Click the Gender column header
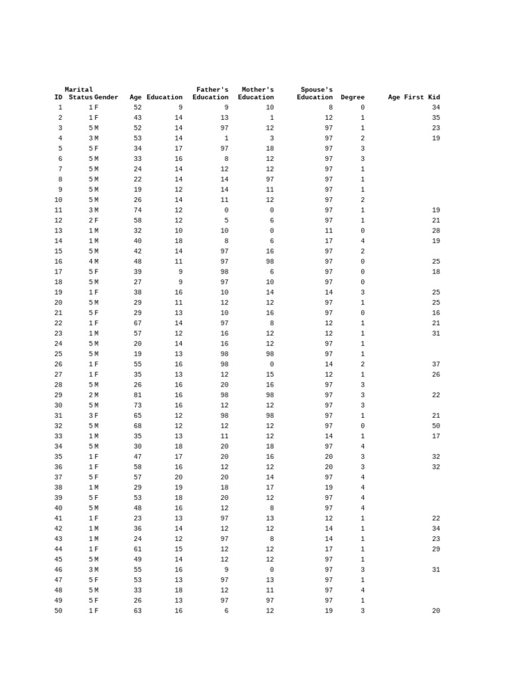106,97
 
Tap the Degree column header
353,97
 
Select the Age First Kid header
414,97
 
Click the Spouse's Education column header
315,93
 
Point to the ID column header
58,97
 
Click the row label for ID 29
58,395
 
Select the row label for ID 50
58,611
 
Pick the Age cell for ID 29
137,395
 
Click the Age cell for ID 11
137,211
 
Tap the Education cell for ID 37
178,477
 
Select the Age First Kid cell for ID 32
435,426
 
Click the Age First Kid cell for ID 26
435,364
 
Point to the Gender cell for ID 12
96,220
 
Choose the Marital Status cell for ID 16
91,262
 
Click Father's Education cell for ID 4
226,138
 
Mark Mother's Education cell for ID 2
272,118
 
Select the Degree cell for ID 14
363,241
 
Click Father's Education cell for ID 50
226,611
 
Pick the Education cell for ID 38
178,488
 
